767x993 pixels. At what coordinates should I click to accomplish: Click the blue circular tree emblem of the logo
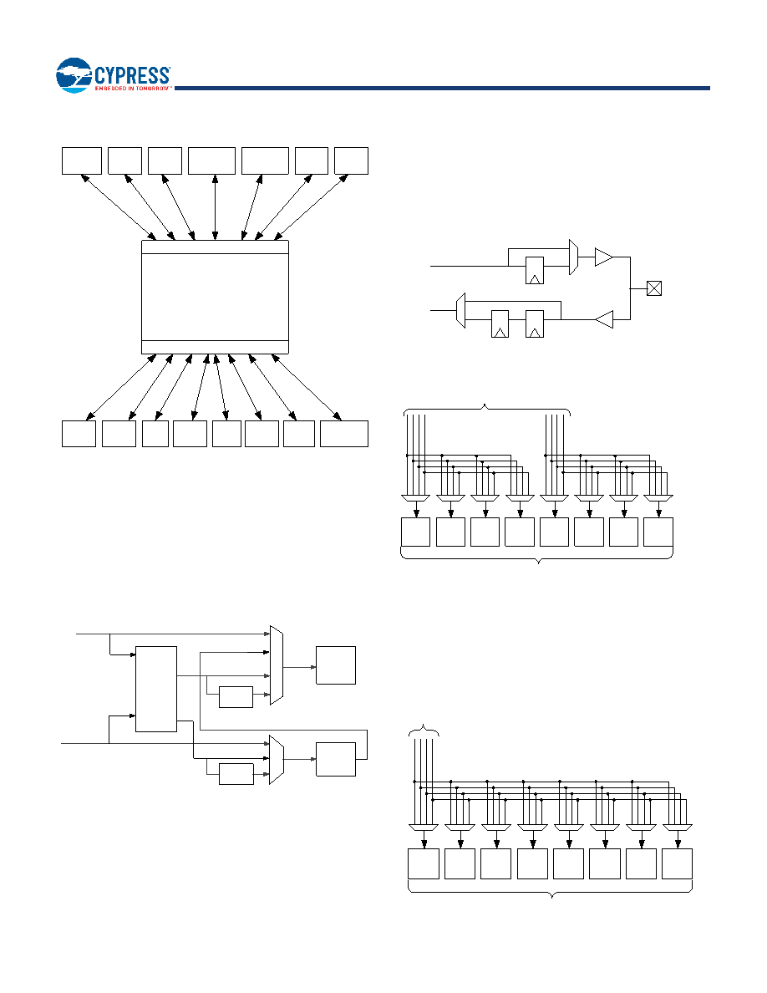click(x=74, y=75)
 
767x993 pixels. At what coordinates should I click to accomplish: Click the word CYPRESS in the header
click(x=132, y=75)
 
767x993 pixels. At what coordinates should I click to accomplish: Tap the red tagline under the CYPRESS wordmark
click(x=133, y=89)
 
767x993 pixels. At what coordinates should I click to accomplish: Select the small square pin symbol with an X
click(x=653, y=288)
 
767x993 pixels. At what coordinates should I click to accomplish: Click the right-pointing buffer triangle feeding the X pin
click(x=604, y=257)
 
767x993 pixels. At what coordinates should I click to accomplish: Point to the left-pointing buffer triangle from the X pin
click(x=604, y=319)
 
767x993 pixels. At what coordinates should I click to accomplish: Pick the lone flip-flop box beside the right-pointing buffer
click(x=535, y=271)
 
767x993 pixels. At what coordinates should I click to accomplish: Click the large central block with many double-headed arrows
click(x=216, y=297)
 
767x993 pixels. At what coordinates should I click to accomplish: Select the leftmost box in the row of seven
click(x=82, y=160)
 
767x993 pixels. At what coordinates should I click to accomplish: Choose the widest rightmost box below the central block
click(x=344, y=434)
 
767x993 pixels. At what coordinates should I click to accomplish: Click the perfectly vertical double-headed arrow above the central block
click(x=216, y=207)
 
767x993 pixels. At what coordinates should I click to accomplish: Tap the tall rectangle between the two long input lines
click(x=156, y=689)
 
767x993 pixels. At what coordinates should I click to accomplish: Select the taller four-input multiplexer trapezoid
click(x=276, y=665)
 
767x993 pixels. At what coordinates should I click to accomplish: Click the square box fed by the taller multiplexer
click(x=336, y=665)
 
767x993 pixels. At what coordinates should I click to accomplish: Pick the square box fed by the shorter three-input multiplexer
click(x=336, y=759)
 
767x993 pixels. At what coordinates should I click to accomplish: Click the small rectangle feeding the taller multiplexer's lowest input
click(x=236, y=696)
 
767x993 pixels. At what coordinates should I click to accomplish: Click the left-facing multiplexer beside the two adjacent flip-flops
click(x=460, y=310)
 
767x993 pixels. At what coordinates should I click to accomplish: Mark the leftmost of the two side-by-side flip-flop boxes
click(x=500, y=323)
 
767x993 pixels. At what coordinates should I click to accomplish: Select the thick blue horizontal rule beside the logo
click(x=442, y=88)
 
